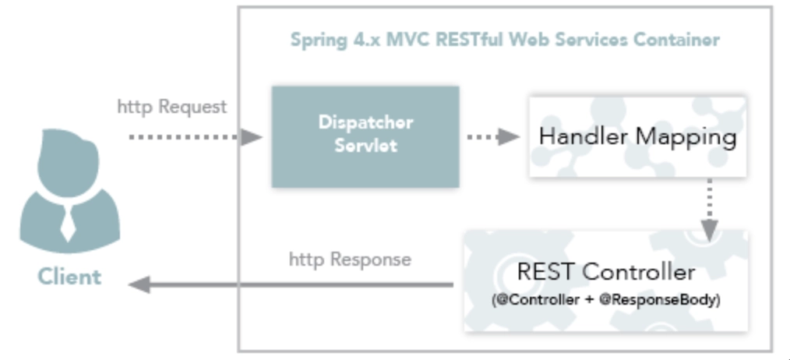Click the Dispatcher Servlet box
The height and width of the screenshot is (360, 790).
[x=365, y=136]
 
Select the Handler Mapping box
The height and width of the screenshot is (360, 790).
[x=637, y=136]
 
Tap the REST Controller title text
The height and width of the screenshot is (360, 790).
[x=605, y=272]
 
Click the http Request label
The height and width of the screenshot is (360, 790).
[x=172, y=107]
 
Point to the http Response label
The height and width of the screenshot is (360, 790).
[x=350, y=259]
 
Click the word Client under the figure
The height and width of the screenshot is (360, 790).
[x=69, y=277]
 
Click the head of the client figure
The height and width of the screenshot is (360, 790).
[x=68, y=161]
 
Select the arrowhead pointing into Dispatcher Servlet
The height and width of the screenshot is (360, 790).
[x=251, y=136]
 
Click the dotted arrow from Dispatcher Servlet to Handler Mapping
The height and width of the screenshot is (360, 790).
[x=493, y=136]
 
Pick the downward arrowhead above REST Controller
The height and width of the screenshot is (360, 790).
[x=710, y=231]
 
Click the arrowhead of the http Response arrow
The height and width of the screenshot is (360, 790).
[x=139, y=284]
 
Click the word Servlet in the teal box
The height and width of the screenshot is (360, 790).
[x=365, y=145]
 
